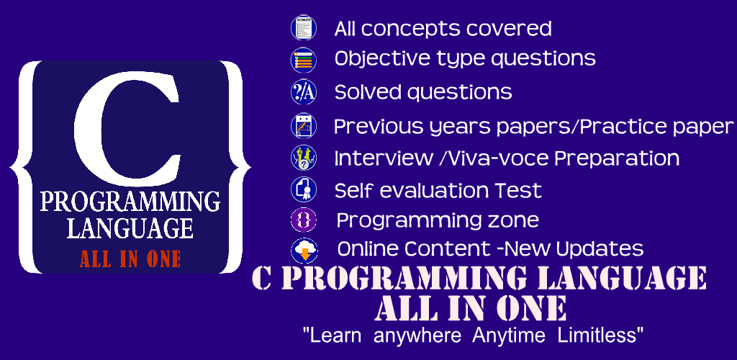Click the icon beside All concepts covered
coord(304,27)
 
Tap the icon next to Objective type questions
coord(304,60)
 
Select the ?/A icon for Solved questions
coord(304,92)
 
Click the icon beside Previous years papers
coord(304,126)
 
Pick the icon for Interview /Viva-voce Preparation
coord(304,158)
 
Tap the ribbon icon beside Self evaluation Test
coord(304,190)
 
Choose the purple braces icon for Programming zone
coord(304,220)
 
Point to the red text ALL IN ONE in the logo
coord(130,259)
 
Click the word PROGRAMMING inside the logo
coord(130,202)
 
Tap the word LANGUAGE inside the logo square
coord(130,228)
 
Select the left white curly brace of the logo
coord(22,167)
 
